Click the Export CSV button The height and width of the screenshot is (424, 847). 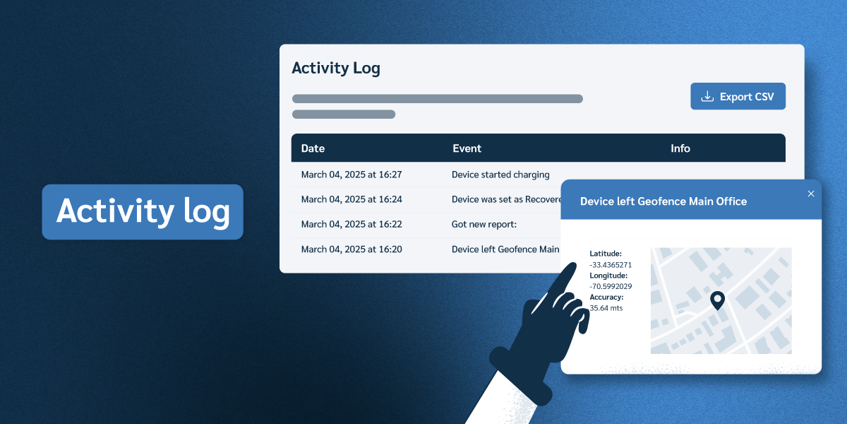coord(738,97)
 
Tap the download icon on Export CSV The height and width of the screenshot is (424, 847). coord(707,97)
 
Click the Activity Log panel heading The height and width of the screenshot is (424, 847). coord(336,68)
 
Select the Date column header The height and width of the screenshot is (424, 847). coord(313,148)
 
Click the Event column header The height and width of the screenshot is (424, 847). coord(467,148)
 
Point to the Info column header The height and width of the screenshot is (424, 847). coord(680,148)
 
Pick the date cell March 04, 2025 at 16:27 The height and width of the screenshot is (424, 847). coord(352,175)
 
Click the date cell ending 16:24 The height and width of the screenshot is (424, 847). coord(352,199)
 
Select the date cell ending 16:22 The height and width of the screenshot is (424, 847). coord(352,224)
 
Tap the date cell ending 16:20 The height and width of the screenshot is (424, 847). coord(352,249)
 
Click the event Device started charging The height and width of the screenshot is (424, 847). coord(500,175)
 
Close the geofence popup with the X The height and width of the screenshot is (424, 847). coord(810,194)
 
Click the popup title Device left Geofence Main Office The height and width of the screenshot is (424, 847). coord(663,201)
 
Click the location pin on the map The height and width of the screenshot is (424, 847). coord(717,300)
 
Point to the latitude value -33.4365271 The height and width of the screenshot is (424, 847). coord(611,265)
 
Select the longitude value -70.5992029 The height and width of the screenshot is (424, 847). coord(611,286)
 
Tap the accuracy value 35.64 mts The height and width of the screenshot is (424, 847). coord(606,308)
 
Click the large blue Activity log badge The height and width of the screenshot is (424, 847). coord(143,212)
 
